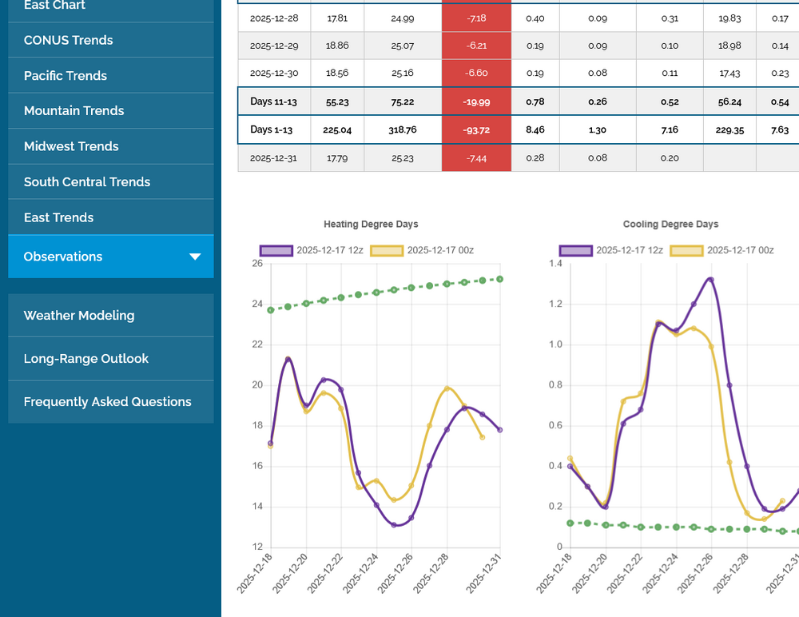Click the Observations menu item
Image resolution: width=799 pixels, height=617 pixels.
(64, 257)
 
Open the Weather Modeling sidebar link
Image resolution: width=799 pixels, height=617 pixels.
(79, 316)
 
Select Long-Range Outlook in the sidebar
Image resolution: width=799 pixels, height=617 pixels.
(86, 359)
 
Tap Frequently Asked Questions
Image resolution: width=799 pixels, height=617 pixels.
(108, 402)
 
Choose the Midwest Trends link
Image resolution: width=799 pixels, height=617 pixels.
(71, 146)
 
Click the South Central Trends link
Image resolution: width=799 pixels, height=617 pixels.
(87, 182)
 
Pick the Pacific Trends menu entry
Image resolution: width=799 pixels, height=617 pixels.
(66, 76)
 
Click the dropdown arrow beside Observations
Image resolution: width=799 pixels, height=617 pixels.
(195, 257)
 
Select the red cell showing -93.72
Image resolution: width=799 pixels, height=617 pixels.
(476, 130)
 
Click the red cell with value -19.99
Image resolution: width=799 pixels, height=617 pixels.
(476, 102)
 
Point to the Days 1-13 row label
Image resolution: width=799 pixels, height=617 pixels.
(272, 130)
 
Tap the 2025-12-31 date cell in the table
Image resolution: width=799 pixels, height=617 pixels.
(273, 158)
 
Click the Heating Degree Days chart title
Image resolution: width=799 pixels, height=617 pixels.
(371, 225)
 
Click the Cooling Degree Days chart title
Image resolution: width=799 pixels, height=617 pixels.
(670, 225)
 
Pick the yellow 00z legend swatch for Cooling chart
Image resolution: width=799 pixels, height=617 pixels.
(686, 250)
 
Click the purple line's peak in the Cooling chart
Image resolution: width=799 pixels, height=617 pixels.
(710, 280)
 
